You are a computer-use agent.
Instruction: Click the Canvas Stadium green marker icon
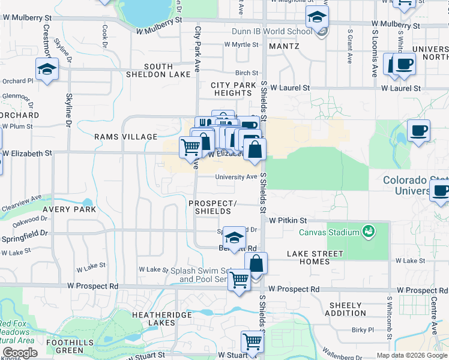(x=369, y=232)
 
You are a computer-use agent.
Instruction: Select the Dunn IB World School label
(x=272, y=31)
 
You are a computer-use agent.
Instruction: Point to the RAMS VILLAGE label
(x=125, y=137)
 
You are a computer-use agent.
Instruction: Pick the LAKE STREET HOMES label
(x=315, y=257)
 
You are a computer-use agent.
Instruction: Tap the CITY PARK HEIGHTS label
(x=234, y=89)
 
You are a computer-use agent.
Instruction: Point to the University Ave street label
(x=237, y=177)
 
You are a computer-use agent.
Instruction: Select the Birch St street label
(x=246, y=73)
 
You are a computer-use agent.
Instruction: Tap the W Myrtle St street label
(x=241, y=44)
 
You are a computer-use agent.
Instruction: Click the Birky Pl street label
(x=363, y=329)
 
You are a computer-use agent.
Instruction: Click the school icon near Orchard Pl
(x=46, y=69)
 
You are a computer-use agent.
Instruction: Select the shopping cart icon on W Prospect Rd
(x=239, y=279)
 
